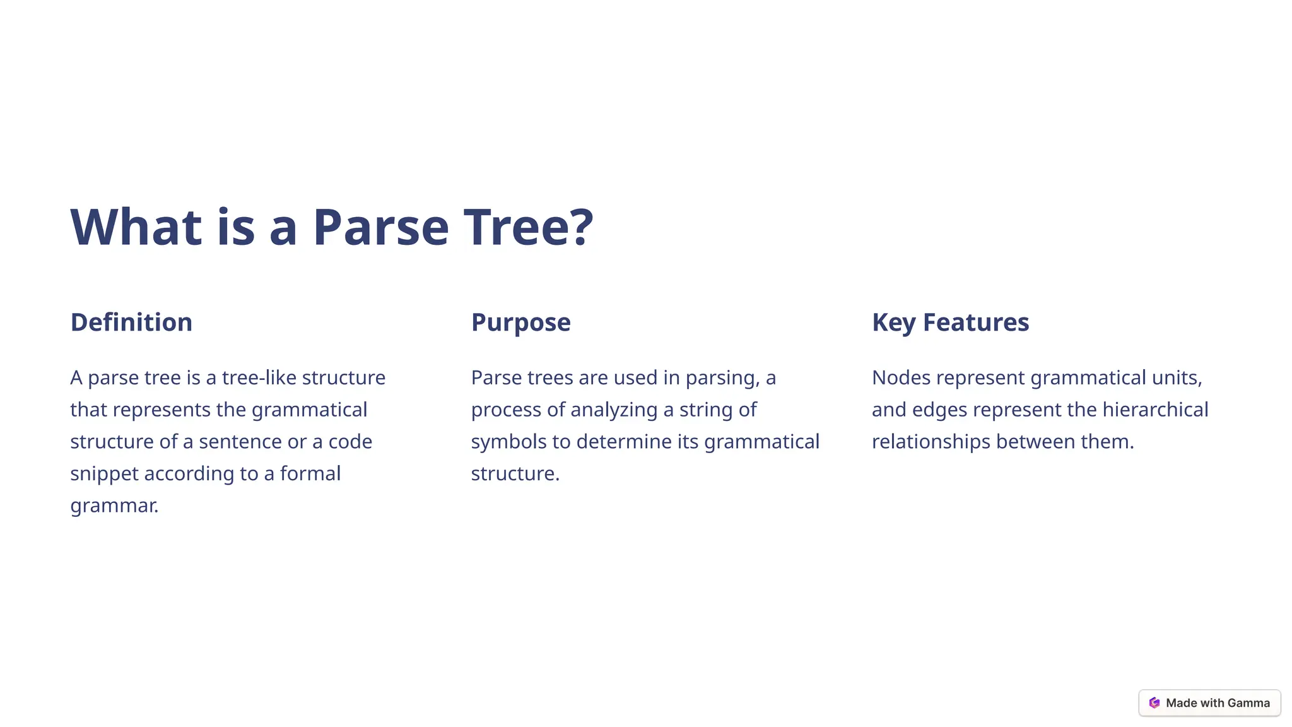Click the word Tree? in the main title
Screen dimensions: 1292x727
(529, 227)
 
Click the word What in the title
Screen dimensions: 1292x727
(136, 227)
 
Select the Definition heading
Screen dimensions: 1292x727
(131, 322)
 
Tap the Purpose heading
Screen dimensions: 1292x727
(520, 322)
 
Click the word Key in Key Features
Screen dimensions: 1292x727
(893, 322)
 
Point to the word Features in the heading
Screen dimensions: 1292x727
(975, 322)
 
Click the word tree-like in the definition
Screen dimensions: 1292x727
(259, 377)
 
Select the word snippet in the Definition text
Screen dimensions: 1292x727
(104, 473)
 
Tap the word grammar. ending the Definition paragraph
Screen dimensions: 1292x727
(114, 505)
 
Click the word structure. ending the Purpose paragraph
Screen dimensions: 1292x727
(515, 473)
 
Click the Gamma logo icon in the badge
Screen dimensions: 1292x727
(1154, 703)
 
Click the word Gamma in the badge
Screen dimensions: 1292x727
(1248, 703)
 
